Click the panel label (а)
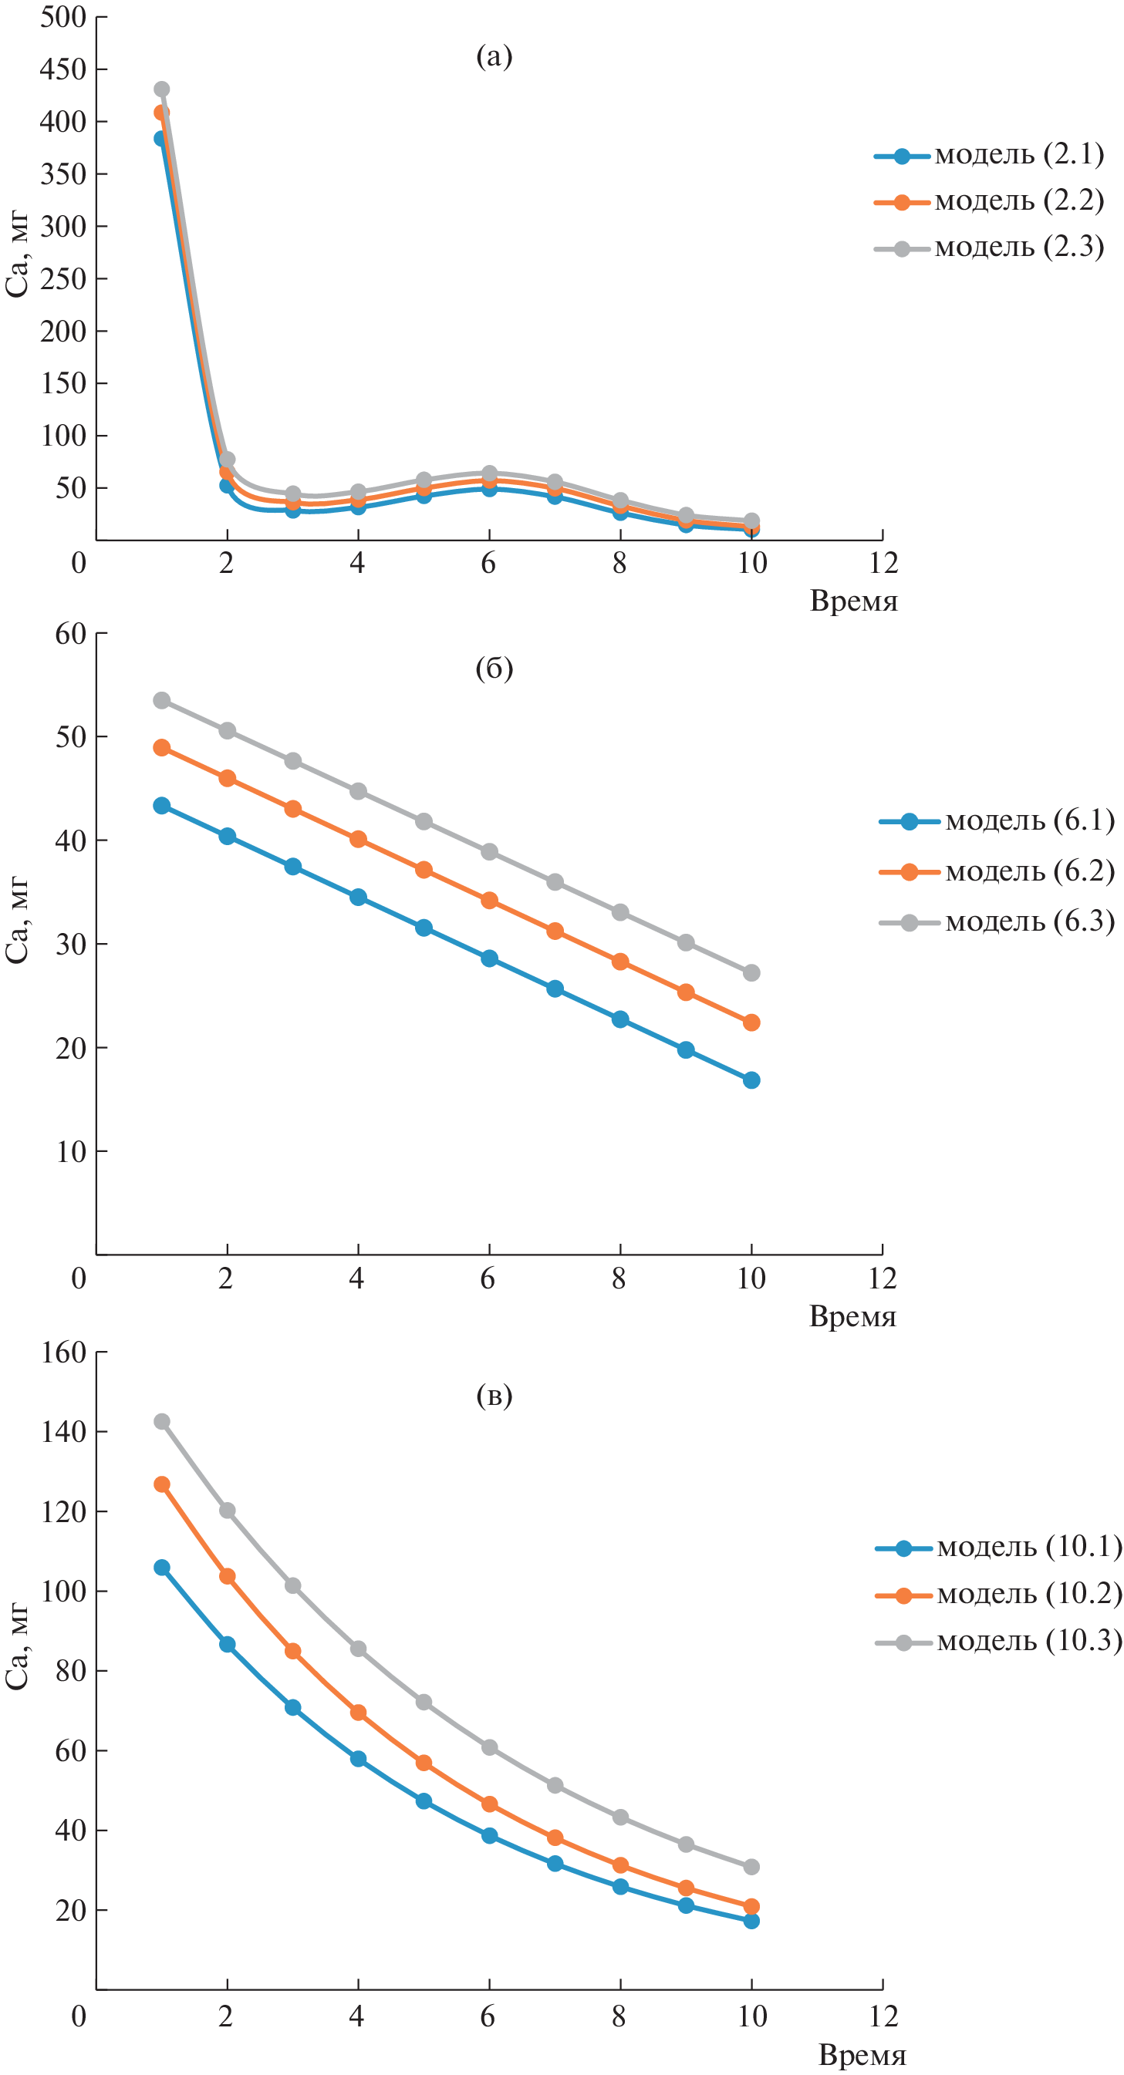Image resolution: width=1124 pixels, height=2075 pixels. [x=494, y=56]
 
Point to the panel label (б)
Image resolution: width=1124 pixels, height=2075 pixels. [x=494, y=668]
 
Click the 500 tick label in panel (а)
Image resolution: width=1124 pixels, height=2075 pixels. [x=62, y=17]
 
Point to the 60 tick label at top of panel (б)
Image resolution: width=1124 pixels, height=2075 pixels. [x=70, y=634]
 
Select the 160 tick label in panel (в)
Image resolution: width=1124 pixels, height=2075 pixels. [x=62, y=1352]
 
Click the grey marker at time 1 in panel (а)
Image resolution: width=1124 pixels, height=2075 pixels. [x=162, y=89]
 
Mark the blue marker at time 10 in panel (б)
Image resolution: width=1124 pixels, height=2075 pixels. [x=751, y=1080]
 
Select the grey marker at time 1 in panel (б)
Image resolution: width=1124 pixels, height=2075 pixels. [x=162, y=700]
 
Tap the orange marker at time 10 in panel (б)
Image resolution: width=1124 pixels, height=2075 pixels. [x=751, y=1022]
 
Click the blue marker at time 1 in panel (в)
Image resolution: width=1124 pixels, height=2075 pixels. [x=162, y=1568]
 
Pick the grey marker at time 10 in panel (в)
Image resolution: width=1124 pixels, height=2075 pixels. [x=751, y=1866]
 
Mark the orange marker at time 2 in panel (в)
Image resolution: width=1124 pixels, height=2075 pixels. [x=228, y=1576]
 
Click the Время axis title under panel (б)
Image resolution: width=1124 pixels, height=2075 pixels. [x=852, y=1316]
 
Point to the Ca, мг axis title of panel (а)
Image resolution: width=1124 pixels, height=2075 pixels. [x=18, y=255]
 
